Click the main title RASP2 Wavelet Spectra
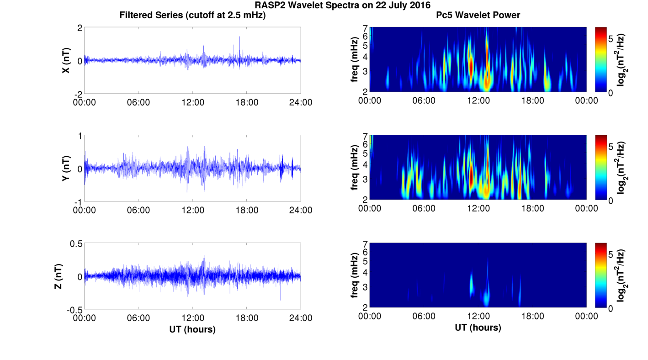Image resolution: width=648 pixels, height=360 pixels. click(x=342, y=5)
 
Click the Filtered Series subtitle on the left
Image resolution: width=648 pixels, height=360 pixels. click(x=192, y=16)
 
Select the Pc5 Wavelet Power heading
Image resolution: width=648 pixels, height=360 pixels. click(x=478, y=16)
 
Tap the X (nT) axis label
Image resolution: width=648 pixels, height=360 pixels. click(x=66, y=60)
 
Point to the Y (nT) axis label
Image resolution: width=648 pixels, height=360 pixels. click(x=66, y=169)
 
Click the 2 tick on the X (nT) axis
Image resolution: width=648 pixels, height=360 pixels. click(x=80, y=28)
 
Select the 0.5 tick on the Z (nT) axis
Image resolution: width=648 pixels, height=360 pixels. click(x=76, y=244)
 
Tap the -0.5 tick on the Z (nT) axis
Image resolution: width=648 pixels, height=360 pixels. click(x=74, y=310)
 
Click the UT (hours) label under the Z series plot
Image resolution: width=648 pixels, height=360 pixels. click(x=192, y=329)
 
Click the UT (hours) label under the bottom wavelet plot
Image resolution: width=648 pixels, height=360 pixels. click(x=478, y=328)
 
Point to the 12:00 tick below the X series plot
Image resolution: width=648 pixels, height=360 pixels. click(x=192, y=102)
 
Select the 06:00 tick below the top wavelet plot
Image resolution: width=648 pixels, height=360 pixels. click(x=424, y=101)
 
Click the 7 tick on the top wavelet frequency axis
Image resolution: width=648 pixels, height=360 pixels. click(x=365, y=28)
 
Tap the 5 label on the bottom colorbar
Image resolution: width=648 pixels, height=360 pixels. click(x=611, y=254)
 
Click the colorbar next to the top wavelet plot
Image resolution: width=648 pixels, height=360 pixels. click(x=600, y=59)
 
